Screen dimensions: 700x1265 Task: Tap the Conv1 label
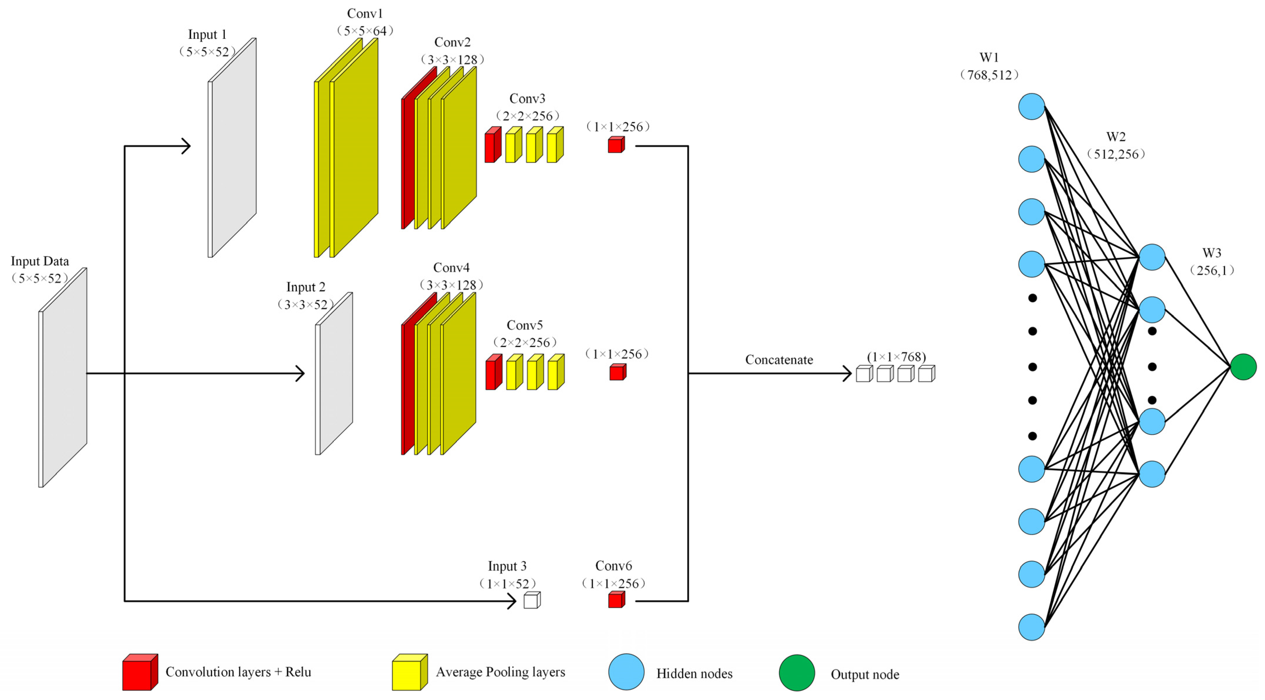364,14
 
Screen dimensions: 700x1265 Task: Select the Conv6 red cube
616,600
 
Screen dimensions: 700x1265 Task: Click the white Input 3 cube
531,600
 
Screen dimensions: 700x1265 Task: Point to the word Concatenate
779,360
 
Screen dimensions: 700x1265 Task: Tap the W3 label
1211,253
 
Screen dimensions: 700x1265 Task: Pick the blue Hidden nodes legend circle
626,672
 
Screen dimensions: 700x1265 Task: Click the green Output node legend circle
796,672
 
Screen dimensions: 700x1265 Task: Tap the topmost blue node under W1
1031,107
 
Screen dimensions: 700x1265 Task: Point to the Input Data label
40,261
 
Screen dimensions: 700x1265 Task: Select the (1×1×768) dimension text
896,357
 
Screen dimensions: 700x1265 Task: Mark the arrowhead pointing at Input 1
187,146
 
